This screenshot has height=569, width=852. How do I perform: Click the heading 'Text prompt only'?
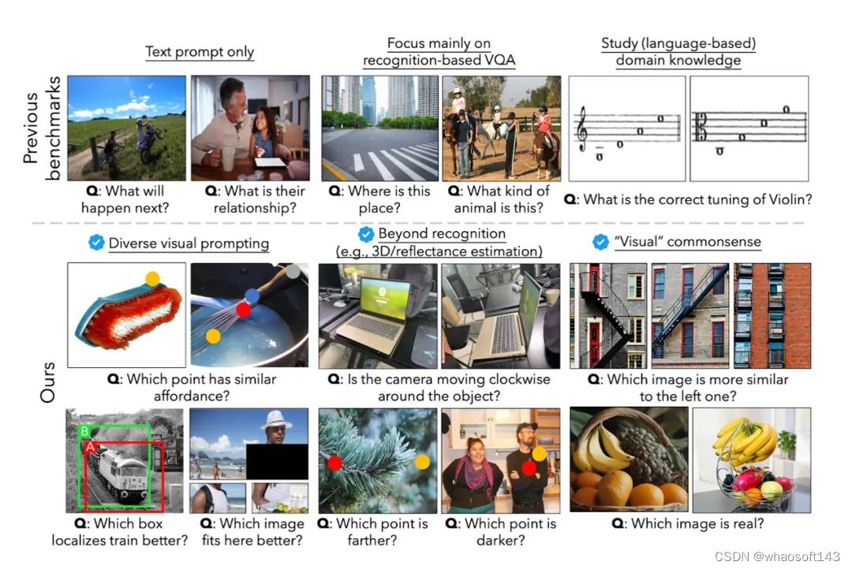click(x=200, y=51)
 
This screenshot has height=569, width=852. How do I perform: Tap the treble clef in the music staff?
click(x=583, y=128)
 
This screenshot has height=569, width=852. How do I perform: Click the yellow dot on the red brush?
click(x=153, y=278)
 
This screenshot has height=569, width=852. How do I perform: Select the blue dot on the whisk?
click(x=252, y=296)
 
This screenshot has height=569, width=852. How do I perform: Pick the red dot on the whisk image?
click(x=244, y=310)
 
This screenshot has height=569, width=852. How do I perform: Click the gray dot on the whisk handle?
click(x=293, y=271)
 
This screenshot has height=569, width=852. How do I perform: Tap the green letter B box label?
click(x=84, y=431)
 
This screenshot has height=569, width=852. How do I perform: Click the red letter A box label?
click(x=90, y=447)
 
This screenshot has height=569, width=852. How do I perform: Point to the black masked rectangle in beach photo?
click(x=277, y=461)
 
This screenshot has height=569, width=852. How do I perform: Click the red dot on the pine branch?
click(x=334, y=463)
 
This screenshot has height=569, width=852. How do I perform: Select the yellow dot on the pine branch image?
click(x=422, y=462)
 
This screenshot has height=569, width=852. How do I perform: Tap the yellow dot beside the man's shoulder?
click(x=539, y=453)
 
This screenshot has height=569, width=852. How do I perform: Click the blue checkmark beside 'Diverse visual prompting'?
click(x=96, y=242)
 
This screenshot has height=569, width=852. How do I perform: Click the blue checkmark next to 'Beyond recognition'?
click(x=366, y=234)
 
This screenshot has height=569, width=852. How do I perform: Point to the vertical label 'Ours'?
click(x=48, y=382)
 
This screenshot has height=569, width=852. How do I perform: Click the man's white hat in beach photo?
click(x=277, y=419)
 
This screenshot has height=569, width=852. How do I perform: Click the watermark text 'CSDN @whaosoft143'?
click(x=777, y=556)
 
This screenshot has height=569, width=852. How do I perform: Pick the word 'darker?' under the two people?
click(x=500, y=540)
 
